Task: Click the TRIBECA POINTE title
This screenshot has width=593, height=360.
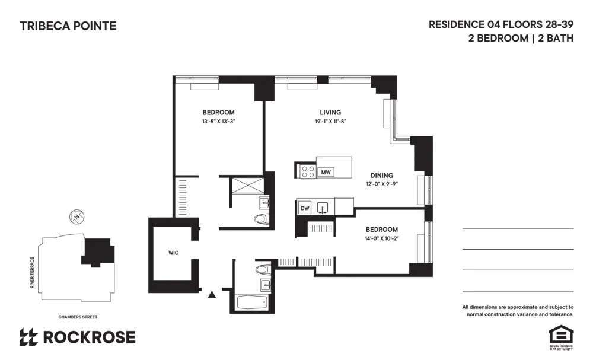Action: pos(68,26)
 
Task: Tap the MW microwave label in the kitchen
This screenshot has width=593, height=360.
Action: pos(325,172)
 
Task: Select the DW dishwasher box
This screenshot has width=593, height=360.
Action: pos(305,208)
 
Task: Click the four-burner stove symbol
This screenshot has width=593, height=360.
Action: pos(307,171)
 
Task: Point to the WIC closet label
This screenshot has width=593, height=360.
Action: pos(173,253)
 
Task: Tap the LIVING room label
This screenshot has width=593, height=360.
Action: pos(330,113)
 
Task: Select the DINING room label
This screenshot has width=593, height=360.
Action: pos(381,176)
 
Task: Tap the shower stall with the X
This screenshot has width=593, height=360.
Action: pos(247,184)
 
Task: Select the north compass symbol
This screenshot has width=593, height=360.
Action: pos(76,217)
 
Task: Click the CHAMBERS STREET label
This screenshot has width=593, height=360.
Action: pos(78,317)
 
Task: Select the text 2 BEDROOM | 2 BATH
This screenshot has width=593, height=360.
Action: pos(520,39)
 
